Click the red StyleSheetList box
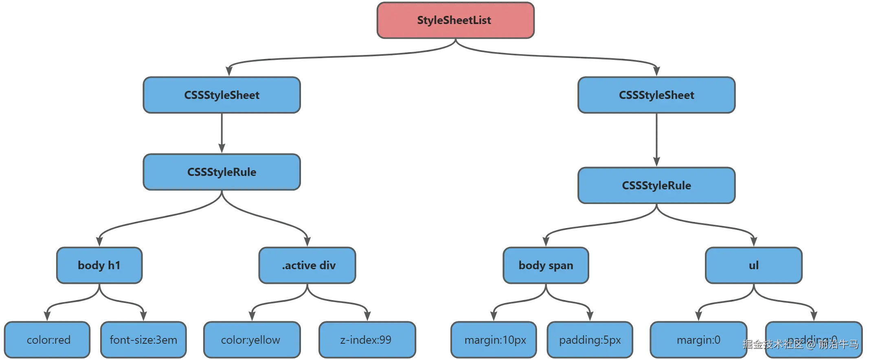[x=455, y=20]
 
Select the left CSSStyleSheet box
[x=222, y=95]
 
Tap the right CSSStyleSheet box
[x=656, y=95]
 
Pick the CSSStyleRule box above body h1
[x=222, y=172]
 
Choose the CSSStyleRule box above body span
[x=656, y=185]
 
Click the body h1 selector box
[x=99, y=265]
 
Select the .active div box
[x=308, y=265]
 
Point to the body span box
[x=546, y=265]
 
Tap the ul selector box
[x=753, y=265]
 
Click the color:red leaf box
[x=48, y=340]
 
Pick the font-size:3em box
[x=143, y=340]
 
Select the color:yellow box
[x=251, y=340]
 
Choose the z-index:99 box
[x=366, y=340]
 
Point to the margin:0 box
[x=698, y=340]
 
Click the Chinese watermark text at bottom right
[x=800, y=345]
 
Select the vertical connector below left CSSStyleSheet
[x=222, y=134]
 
